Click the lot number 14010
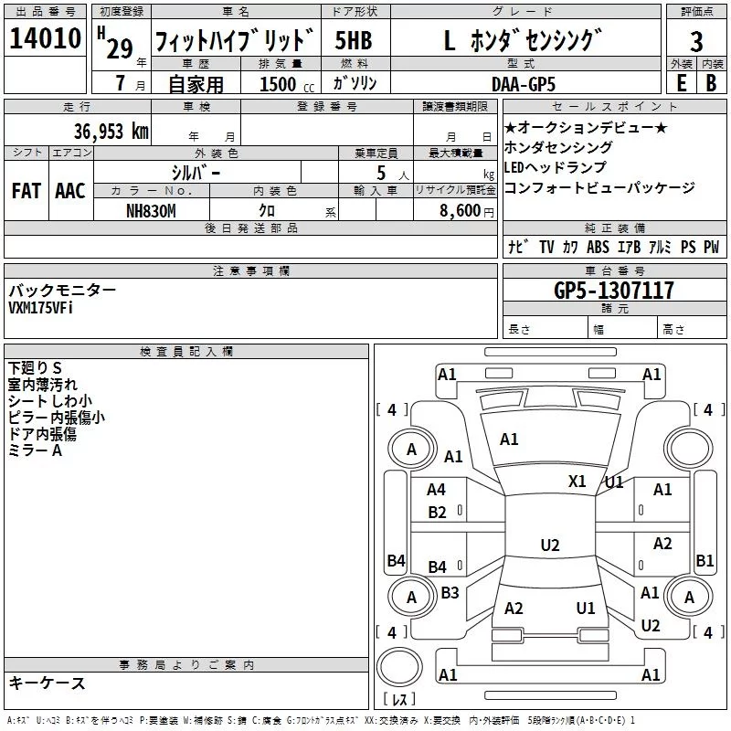(45, 38)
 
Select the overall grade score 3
(696, 42)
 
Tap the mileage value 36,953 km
(111, 131)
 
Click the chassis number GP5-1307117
(614, 290)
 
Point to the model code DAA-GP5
(524, 84)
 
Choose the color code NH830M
(151, 211)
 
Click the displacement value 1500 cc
(287, 84)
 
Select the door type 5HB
(354, 40)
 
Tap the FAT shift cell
(26, 191)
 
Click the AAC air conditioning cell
(70, 191)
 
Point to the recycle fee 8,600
(460, 211)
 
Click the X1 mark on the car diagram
(577, 482)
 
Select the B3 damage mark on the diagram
(450, 592)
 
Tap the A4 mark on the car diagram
(436, 490)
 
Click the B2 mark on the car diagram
(437, 513)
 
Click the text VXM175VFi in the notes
(40, 308)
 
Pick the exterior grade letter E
(681, 83)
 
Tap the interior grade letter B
(711, 83)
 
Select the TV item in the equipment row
(546, 247)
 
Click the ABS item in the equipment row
(598, 247)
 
